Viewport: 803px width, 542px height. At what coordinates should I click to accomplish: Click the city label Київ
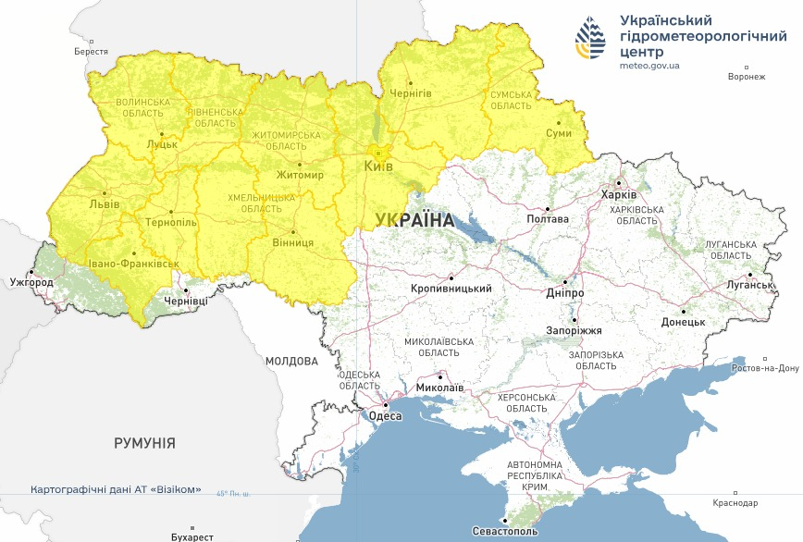tap(378, 166)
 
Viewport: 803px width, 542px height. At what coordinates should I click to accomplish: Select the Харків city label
tap(618, 195)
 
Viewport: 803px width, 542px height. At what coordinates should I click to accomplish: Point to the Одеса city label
tap(385, 416)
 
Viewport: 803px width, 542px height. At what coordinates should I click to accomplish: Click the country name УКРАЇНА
tap(414, 220)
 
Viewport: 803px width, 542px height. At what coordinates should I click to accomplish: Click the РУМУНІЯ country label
tap(144, 443)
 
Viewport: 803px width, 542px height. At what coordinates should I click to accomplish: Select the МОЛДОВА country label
tap(291, 361)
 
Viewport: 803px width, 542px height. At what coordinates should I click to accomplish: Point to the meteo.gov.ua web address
tap(649, 67)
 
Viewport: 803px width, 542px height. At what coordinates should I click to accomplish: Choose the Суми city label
tap(559, 134)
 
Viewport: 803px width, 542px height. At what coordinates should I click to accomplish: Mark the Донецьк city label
tap(683, 322)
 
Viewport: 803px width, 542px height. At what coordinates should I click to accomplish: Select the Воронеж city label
tap(747, 77)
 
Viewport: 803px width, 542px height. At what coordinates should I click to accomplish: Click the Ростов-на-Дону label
tap(765, 368)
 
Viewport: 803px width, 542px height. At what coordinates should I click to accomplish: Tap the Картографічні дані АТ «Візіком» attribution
tap(116, 489)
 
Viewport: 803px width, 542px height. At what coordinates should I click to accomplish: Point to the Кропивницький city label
tap(451, 289)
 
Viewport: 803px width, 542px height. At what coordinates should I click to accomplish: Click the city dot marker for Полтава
tap(547, 208)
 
